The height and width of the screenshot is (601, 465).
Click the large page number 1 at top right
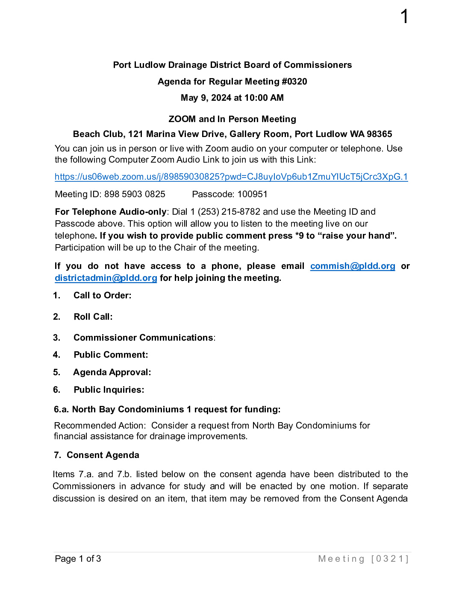pyautogui.click(x=404, y=17)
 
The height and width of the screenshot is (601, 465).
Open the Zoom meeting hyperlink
pyautogui.click(x=231, y=177)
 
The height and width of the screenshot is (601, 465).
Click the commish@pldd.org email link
pyautogui.click(x=353, y=266)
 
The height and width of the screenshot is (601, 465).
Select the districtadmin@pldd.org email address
pyautogui.click(x=106, y=278)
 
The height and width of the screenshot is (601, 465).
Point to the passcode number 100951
pyautogui.click(x=252, y=194)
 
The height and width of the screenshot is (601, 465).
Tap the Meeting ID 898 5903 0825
pyautogui.click(x=135, y=194)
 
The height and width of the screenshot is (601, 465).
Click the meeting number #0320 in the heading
pyautogui.click(x=294, y=82)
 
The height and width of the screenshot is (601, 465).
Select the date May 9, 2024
pyautogui.click(x=206, y=98)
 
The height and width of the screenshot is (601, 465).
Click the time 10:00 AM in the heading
pyautogui.click(x=264, y=98)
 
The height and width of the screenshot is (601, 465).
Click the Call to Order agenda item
pyautogui.click(x=102, y=295)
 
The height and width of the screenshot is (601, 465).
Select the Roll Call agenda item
pyautogui.click(x=93, y=317)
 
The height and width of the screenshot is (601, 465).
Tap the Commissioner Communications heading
pyautogui.click(x=143, y=338)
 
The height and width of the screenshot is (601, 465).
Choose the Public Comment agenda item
pyautogui.click(x=111, y=355)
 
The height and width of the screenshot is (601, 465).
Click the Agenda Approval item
pyautogui.click(x=112, y=372)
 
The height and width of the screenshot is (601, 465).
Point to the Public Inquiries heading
pyautogui.click(x=109, y=390)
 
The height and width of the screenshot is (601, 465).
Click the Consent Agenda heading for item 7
pyautogui.click(x=103, y=455)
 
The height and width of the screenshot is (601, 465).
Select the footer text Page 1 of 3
pyautogui.click(x=78, y=559)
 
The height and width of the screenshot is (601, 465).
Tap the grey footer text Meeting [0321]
pyautogui.click(x=363, y=559)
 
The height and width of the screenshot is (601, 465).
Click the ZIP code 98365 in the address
pyautogui.click(x=379, y=134)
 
